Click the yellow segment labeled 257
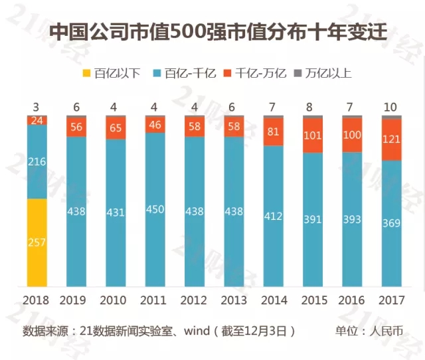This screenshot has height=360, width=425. coord(37,242)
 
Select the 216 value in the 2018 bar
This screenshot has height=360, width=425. coord(37,161)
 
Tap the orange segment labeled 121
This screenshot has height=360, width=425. coord(391,140)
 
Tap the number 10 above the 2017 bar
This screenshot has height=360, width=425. coord(391,108)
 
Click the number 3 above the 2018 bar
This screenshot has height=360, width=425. coord(37,108)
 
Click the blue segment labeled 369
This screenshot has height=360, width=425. coord(391,223)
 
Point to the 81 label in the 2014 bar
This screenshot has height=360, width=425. coord(273,132)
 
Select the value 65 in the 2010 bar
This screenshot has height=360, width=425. coord(116,129)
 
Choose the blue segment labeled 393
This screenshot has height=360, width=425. coord(352,219)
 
